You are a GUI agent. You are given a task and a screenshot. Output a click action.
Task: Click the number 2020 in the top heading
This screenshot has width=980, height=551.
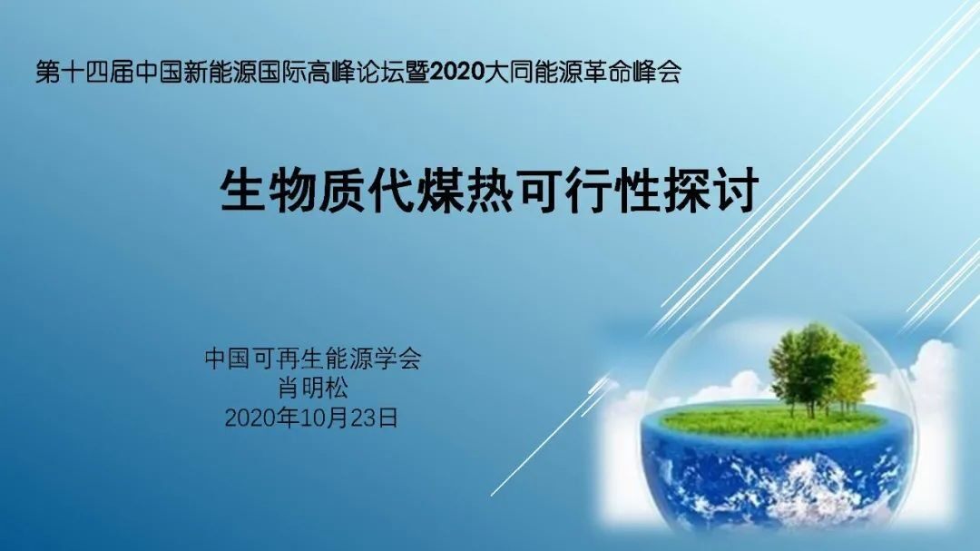(456, 73)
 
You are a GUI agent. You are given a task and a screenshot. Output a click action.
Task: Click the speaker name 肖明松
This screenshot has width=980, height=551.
(312, 388)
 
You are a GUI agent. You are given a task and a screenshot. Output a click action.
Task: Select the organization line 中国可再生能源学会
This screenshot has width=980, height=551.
(312, 359)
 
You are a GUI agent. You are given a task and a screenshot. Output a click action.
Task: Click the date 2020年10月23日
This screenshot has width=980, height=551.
(311, 418)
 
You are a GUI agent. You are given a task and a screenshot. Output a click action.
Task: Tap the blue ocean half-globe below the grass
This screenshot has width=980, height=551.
(775, 482)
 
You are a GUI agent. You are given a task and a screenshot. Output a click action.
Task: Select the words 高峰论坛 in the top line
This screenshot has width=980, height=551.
(356, 73)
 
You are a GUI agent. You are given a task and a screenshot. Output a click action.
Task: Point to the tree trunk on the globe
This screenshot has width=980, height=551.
(811, 407)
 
